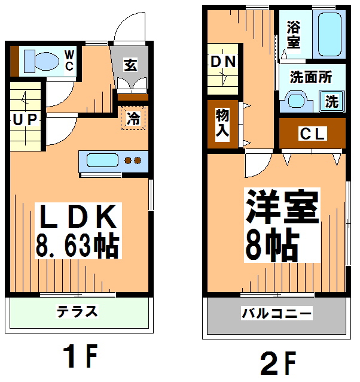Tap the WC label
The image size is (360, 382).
coord(69,60)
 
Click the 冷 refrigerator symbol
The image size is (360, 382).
coord(133,118)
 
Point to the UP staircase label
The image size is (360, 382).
coord(25,120)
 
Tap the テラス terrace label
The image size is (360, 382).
coord(77,312)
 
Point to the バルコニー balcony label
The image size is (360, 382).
coord(276,313)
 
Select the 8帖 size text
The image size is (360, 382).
coord(272,243)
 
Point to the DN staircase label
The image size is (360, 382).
coord(223,62)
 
